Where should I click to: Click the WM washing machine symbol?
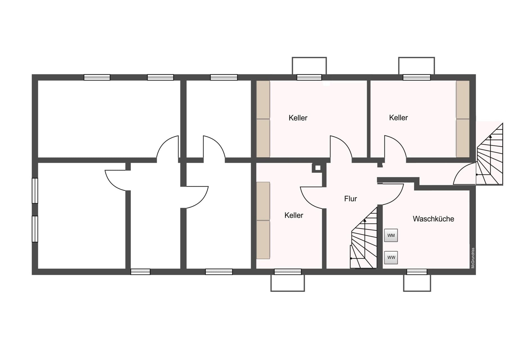[391, 235]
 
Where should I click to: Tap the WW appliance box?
[391, 257]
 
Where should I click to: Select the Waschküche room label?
[433, 219]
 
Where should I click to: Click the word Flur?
[350, 199]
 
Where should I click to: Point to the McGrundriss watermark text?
[473, 258]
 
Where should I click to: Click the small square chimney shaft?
[318, 168]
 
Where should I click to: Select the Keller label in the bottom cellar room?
[294, 215]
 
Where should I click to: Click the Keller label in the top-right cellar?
[398, 118]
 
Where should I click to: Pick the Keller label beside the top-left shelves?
[298, 118]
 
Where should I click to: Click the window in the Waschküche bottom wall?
[417, 272]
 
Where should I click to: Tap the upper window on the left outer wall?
[35, 191]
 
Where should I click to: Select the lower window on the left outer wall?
[35, 229]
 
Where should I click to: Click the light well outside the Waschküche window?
[417, 283]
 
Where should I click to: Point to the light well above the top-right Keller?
[417, 66]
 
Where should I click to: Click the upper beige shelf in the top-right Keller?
[463, 100]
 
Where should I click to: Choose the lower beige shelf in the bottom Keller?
[263, 240]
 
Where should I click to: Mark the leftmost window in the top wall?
[97, 77]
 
